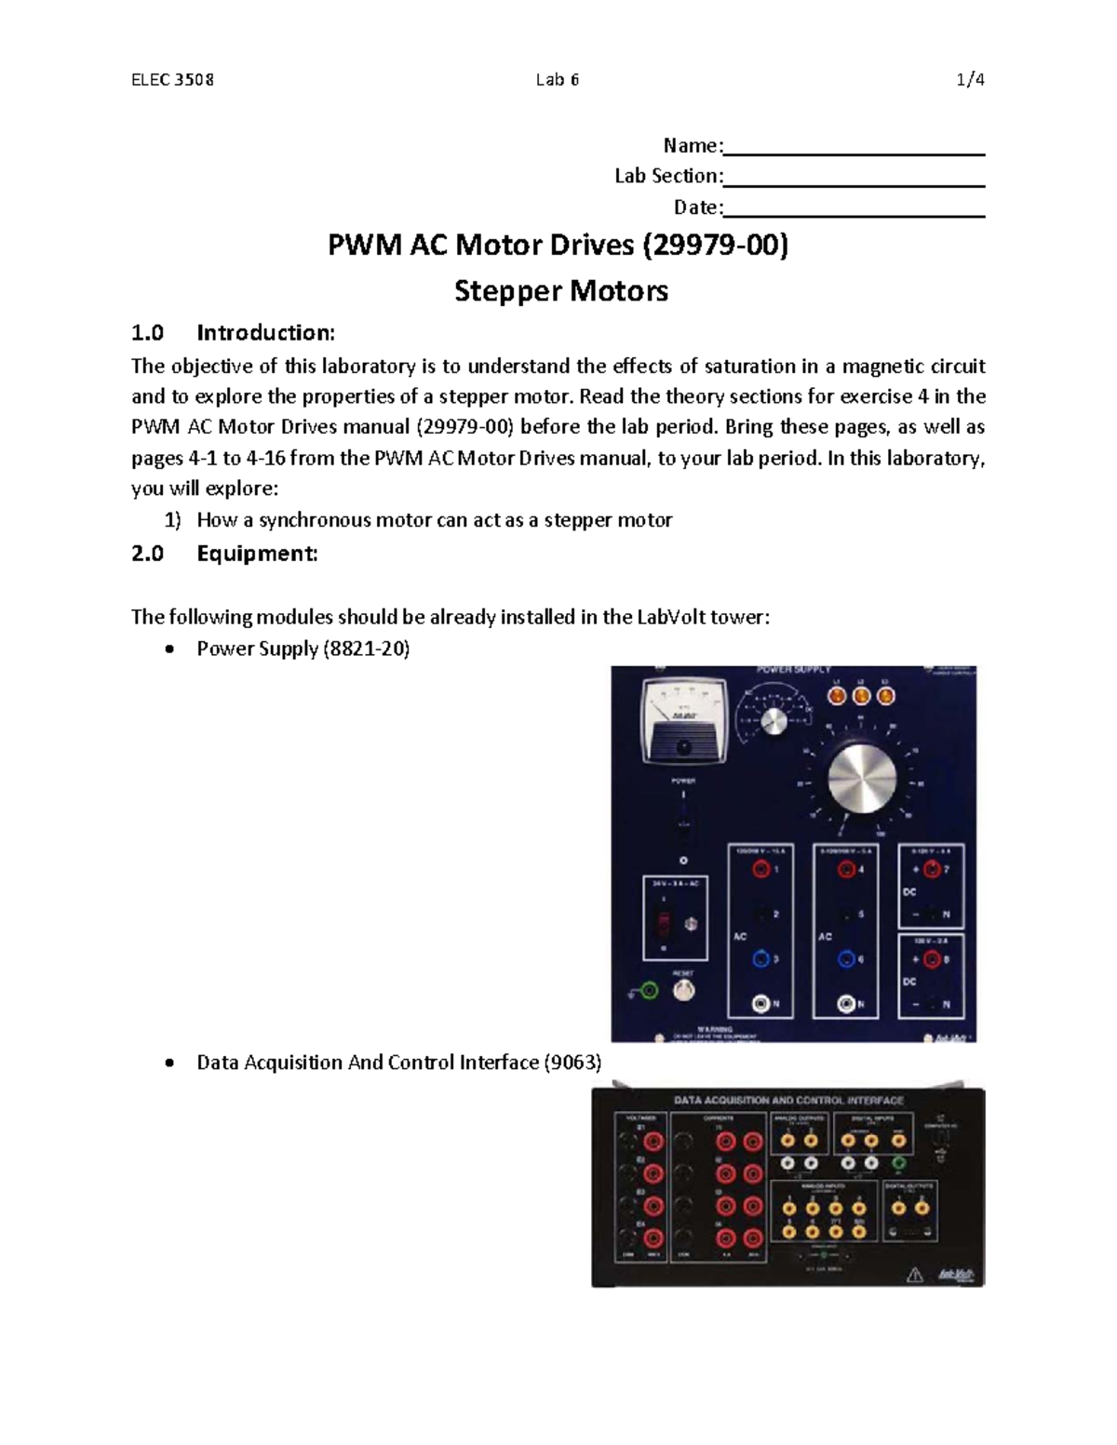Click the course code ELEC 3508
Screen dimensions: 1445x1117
(x=172, y=80)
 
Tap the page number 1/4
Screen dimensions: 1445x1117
(x=970, y=80)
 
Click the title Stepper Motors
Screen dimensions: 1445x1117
(x=560, y=291)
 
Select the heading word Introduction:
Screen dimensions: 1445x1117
(x=265, y=333)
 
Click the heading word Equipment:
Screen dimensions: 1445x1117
(x=257, y=554)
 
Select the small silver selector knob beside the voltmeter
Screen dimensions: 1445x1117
(x=771, y=722)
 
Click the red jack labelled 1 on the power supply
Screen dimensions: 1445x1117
(x=762, y=870)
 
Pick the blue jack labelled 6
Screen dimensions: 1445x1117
(x=846, y=959)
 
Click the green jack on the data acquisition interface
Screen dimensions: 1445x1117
(x=898, y=1163)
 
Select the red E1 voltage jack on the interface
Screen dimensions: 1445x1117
(x=653, y=1140)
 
